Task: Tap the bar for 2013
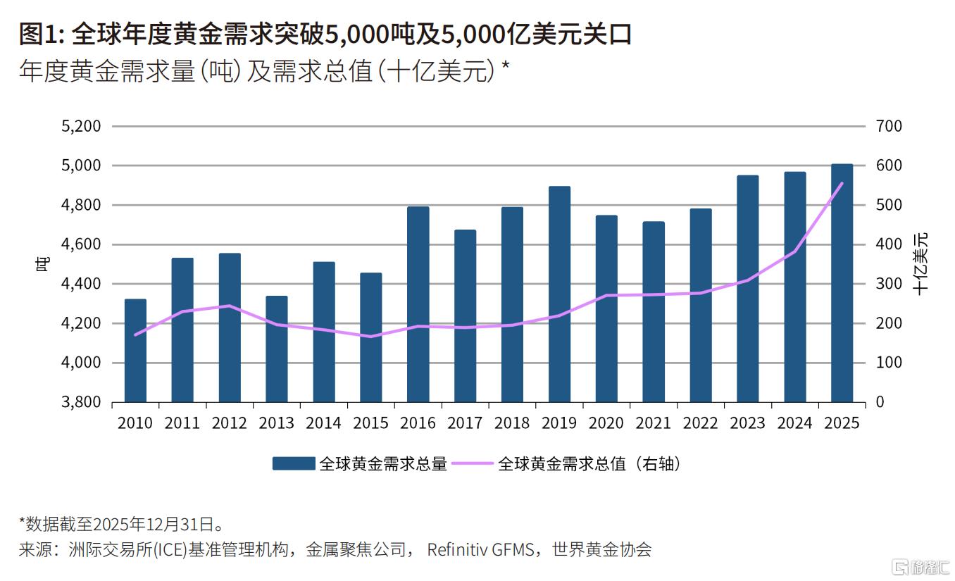coord(277,349)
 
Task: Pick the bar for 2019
coord(559,294)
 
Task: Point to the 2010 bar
coord(135,351)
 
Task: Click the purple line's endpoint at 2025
coord(842,183)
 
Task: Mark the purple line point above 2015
coord(370,337)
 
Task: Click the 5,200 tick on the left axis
coord(82,127)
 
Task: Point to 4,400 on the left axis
coord(82,285)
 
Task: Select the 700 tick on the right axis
coord(889,127)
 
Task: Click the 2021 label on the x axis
coord(653,423)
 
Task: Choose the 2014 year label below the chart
coord(323,423)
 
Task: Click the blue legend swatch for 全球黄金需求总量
coord(294,463)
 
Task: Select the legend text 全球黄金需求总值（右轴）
coord(589,463)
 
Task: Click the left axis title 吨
coord(43,265)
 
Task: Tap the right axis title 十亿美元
coord(921,263)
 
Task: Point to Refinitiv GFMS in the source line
coord(481,549)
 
